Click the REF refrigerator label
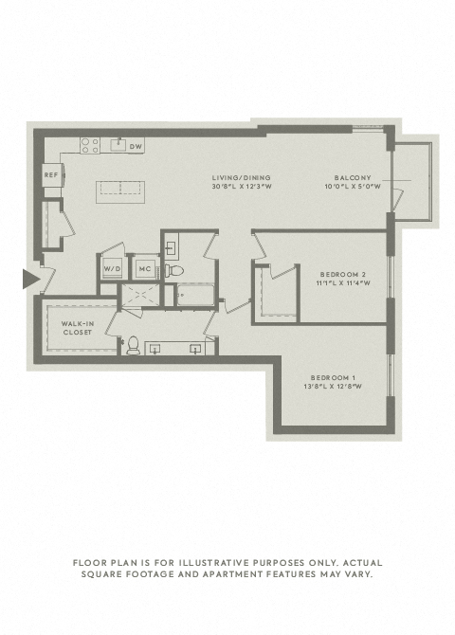51,175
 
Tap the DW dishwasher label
136,146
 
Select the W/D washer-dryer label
111,268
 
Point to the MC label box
145,268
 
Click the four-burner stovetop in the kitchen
90,145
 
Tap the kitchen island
120,192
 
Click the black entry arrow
30,279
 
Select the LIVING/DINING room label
242,177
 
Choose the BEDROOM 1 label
333,377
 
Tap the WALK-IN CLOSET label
78,328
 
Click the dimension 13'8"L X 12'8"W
333,387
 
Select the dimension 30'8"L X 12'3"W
242,187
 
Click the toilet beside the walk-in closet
133,345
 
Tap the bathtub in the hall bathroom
195,295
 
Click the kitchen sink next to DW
119,145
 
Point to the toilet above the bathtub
174,270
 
